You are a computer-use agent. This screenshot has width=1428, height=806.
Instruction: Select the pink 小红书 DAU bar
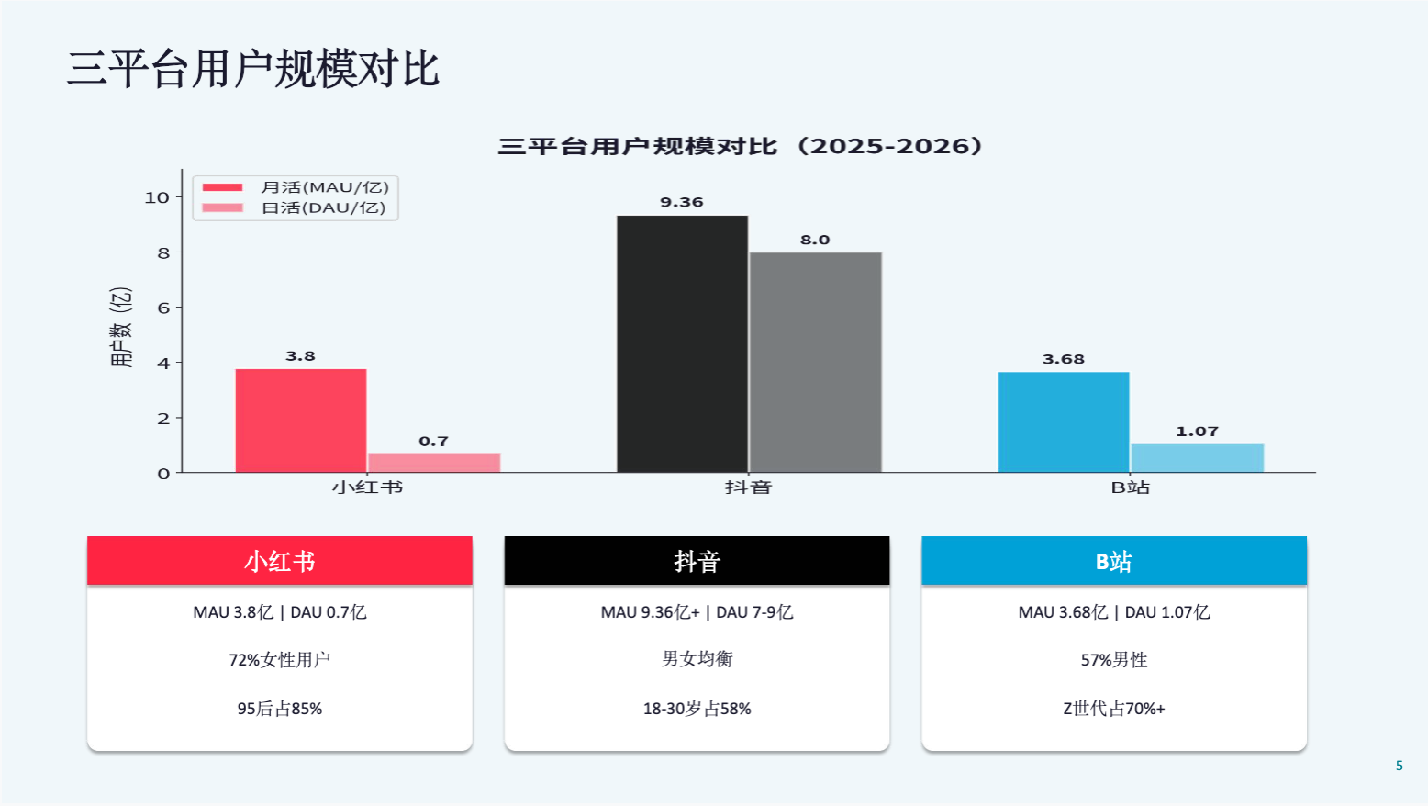click(x=434, y=463)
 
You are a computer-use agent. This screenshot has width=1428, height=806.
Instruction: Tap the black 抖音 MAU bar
click(x=682, y=344)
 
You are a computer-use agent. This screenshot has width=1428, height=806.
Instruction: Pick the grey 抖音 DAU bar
click(x=815, y=363)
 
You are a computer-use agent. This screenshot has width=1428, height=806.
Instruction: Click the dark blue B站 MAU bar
click(x=1064, y=422)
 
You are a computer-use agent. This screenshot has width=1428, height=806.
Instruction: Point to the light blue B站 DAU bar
click(x=1197, y=458)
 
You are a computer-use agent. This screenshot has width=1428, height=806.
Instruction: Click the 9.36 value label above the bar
click(x=682, y=202)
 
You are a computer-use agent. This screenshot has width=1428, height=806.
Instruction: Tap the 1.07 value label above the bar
click(x=1197, y=431)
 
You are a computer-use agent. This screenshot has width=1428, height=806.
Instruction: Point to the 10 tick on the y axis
click(x=157, y=197)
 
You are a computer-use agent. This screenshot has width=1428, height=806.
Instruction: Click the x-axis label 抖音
click(x=748, y=487)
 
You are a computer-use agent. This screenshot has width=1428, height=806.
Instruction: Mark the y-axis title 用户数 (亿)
click(x=121, y=328)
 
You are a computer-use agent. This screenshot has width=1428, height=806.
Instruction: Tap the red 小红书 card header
click(x=280, y=561)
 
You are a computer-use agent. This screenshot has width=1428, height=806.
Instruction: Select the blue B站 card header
click(x=1113, y=561)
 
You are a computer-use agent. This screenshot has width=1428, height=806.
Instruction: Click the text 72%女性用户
click(x=280, y=660)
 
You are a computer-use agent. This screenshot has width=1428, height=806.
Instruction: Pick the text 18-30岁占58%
click(x=697, y=709)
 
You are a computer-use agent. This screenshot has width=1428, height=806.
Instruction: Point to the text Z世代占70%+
click(x=1113, y=709)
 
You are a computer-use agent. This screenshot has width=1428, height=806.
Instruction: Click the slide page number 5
click(x=1399, y=766)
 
